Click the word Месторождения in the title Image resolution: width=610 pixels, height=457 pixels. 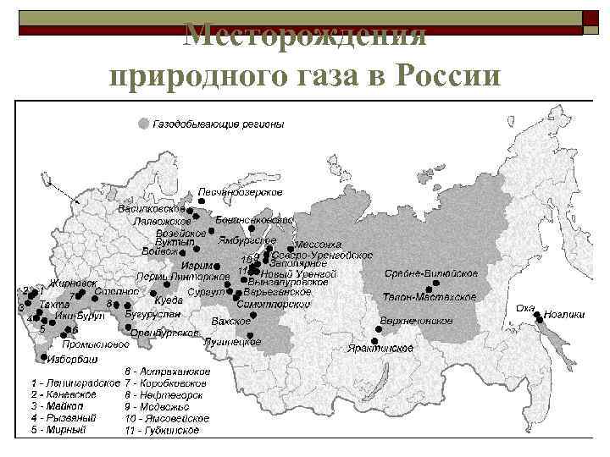[x=305, y=36]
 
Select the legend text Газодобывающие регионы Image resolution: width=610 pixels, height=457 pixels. [x=218, y=124]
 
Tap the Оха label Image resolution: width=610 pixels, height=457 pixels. [x=525, y=307]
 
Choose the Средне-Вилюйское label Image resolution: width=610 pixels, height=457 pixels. [x=431, y=273]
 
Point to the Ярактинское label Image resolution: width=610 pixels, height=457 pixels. [x=380, y=348]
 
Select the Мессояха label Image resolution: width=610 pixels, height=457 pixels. [x=318, y=245]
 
